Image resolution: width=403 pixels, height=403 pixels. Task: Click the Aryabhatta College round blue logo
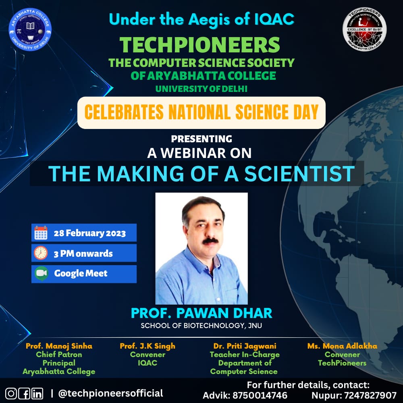[30, 29]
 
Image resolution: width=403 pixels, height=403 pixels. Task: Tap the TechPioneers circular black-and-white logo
[364, 29]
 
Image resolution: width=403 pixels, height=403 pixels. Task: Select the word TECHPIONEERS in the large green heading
[200, 45]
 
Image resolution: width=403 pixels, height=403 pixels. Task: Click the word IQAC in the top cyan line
[274, 19]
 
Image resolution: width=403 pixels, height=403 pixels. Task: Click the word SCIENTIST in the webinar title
[299, 174]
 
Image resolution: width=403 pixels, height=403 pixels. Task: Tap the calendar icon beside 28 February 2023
[41, 233]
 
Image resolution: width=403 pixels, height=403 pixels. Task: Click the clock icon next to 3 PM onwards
[41, 253]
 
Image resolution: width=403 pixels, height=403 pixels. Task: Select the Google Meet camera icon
[41, 274]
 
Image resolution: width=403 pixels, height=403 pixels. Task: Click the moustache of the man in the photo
[210, 241]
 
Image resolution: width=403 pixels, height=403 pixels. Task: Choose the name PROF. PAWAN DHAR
[201, 313]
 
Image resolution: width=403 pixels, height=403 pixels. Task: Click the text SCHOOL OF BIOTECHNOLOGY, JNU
[201, 326]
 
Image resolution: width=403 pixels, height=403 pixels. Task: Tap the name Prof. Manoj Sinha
[59, 346]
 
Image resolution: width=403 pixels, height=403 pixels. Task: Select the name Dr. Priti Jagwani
[245, 346]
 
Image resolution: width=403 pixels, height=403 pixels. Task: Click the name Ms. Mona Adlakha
[342, 346]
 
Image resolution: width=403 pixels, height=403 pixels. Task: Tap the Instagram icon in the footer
[11, 394]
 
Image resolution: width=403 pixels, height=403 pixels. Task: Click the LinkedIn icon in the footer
[37, 394]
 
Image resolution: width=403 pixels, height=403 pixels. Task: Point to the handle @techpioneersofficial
[110, 393]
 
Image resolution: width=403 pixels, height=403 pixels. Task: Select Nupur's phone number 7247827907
[370, 395]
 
